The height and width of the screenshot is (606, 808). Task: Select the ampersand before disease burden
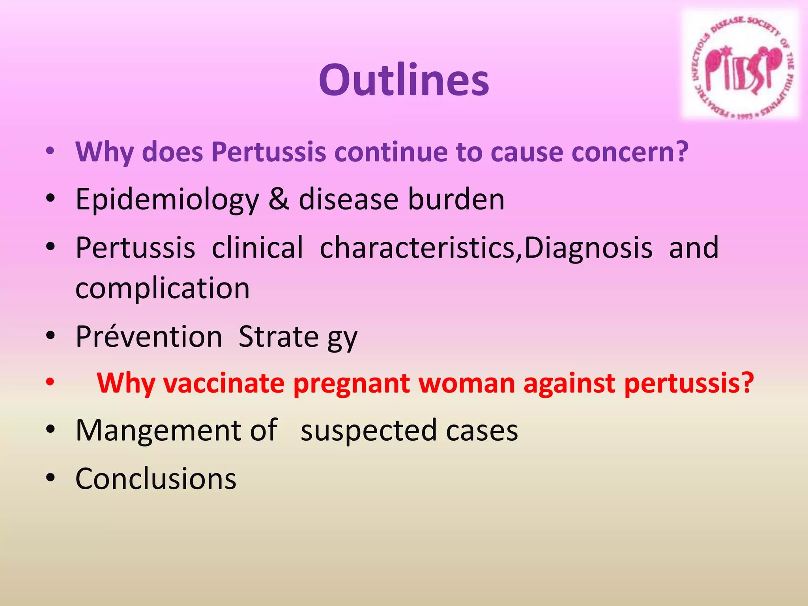point(279,199)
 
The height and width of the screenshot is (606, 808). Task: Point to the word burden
point(456,199)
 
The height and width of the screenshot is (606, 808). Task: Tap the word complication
point(163,288)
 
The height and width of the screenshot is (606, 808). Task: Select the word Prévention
point(149,337)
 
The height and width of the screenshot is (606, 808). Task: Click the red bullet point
point(50,382)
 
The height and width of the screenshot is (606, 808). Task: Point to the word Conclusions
point(156,479)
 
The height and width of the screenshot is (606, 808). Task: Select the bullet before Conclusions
point(50,478)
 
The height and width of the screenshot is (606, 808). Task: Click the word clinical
point(257,248)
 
